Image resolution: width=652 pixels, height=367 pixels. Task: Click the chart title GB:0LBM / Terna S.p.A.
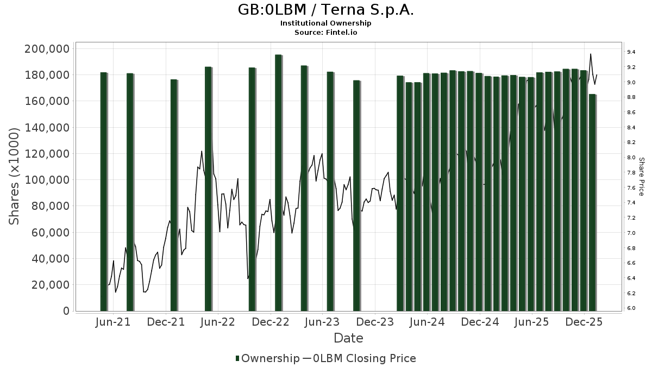[x=326, y=10]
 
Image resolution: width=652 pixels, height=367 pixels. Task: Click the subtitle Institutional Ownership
[x=326, y=23]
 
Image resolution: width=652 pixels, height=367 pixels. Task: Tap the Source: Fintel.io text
[x=326, y=32]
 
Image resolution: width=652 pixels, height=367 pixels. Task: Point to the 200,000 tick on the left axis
[x=47, y=49]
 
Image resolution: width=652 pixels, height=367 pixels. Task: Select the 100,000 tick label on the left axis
[x=47, y=180]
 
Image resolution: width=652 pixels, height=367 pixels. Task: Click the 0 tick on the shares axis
[x=66, y=311]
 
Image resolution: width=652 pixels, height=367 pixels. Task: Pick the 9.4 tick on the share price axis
[x=631, y=52]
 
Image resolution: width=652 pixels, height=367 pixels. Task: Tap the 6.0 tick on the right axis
[x=631, y=308]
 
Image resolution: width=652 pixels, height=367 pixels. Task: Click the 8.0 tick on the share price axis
[x=631, y=158]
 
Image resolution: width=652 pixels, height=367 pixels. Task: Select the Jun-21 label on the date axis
[x=113, y=322]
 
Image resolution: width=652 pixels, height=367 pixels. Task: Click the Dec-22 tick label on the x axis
[x=270, y=322]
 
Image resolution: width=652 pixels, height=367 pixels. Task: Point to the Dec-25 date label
[x=585, y=322]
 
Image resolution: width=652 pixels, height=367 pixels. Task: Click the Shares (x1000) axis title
[x=15, y=177]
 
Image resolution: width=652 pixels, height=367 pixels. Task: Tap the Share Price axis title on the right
[x=641, y=177]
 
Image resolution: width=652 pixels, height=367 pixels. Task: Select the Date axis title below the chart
[x=348, y=338]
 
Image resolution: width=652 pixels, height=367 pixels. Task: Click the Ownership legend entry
[x=267, y=358]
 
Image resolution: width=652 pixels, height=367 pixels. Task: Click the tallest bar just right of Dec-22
[x=278, y=182]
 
